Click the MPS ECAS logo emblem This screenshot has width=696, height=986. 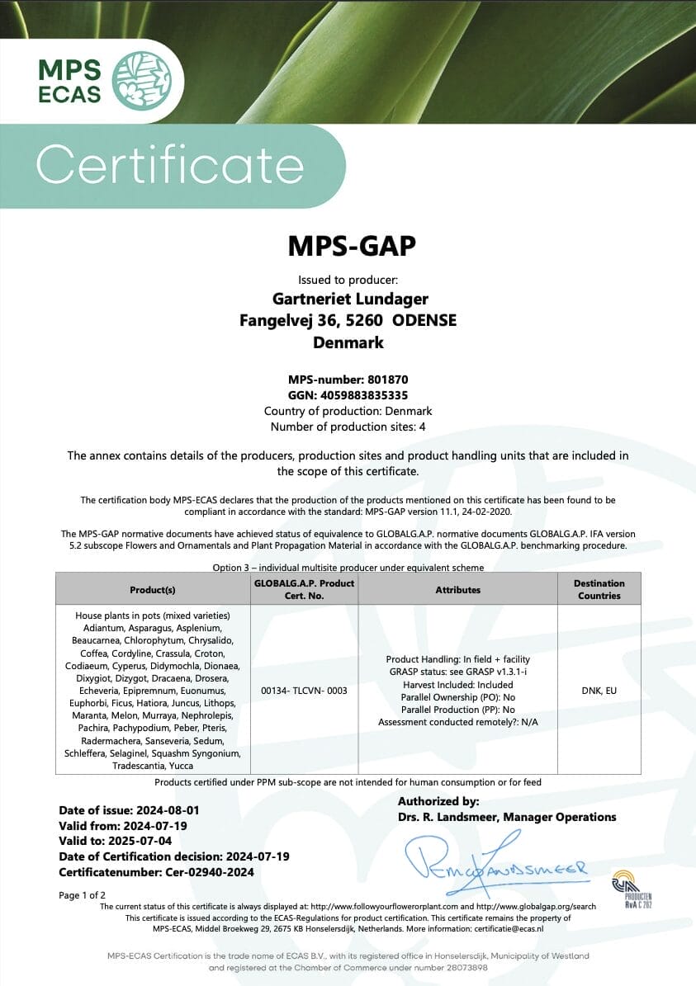141,80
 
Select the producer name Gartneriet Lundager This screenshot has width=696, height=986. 350,299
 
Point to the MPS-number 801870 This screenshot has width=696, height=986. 348,380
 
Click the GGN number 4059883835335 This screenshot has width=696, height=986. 348,395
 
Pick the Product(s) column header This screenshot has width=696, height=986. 152,590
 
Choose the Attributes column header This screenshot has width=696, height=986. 457,590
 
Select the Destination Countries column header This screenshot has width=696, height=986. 599,589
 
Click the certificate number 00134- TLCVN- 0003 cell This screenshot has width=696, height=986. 303,691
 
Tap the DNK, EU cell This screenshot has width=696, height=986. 599,691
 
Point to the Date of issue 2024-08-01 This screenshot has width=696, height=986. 129,810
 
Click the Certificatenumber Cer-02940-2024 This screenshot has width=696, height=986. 156,872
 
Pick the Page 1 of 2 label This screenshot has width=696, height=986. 83,895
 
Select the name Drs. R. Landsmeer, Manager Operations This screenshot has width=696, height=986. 507,817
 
